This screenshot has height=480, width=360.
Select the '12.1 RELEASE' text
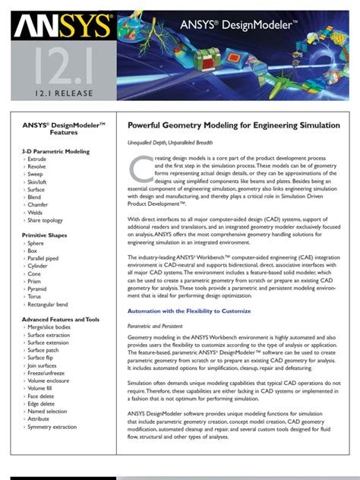[x=58, y=94]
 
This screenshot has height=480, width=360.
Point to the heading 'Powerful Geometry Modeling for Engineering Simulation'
[x=233, y=125]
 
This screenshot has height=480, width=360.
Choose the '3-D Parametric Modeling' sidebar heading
[x=55, y=151]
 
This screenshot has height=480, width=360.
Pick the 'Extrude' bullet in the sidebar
[x=39, y=159]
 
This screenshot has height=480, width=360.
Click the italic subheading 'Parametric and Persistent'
[x=156, y=325]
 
